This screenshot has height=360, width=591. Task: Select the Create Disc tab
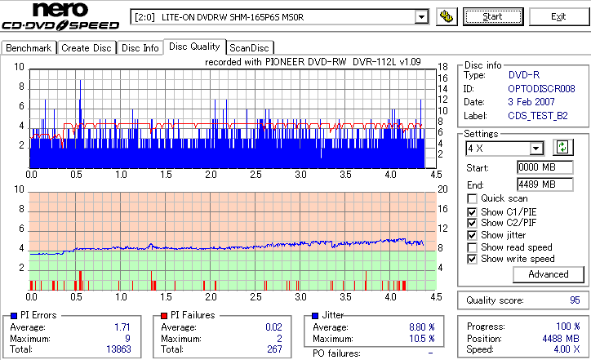tap(87, 48)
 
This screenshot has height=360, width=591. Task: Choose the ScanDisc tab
tap(250, 48)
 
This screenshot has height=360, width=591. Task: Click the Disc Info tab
tap(140, 48)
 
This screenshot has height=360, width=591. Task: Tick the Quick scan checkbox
tap(473, 198)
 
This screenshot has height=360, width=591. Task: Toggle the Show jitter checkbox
tap(473, 235)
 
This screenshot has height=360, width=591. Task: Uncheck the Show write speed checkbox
tap(473, 260)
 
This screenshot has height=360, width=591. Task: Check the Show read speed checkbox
tap(473, 247)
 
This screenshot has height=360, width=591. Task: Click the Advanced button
tap(548, 275)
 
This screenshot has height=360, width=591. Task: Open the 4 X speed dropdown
tap(536, 149)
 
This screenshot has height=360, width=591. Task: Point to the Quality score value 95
tap(575, 300)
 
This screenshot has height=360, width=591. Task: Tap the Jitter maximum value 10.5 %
tap(420, 339)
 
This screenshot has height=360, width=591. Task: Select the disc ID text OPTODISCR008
tap(542, 88)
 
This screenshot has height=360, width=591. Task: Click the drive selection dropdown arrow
tap(421, 16)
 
